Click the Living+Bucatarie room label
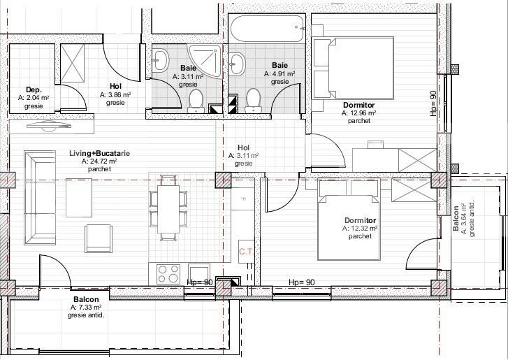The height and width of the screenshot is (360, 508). (x=101, y=153)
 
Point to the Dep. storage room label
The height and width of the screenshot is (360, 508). (x=34, y=89)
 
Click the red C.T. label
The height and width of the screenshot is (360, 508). (x=246, y=252)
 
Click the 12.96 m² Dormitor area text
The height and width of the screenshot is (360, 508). (x=358, y=113)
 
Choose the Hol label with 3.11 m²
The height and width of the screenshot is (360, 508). (x=244, y=155)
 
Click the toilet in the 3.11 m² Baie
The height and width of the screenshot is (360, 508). (x=196, y=101)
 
